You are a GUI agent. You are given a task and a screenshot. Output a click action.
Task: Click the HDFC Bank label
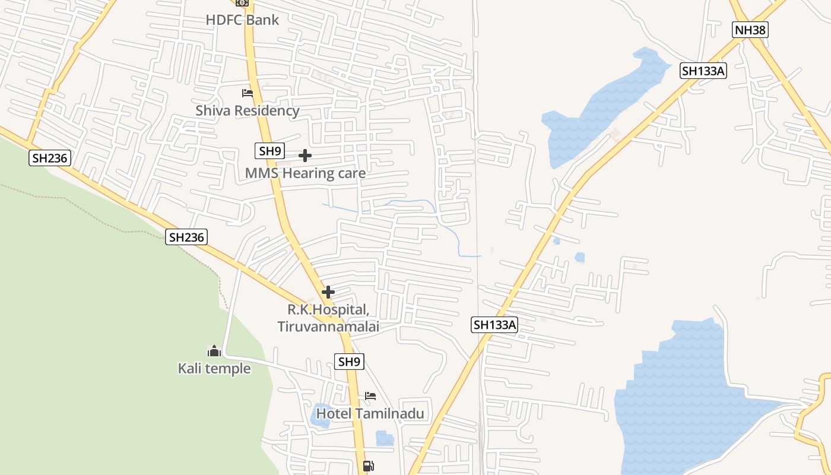pos(242,20)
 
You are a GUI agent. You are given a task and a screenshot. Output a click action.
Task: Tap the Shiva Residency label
pos(248,110)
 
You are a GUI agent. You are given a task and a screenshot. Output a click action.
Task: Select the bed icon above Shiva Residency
pos(248,93)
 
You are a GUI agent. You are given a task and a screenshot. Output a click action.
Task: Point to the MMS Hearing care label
pos(305,173)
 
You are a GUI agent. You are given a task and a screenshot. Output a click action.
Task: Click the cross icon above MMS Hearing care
pos(305,156)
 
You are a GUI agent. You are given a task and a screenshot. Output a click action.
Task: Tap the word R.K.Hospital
pos(328,309)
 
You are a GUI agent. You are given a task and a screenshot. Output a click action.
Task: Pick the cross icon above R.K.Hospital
pos(328,292)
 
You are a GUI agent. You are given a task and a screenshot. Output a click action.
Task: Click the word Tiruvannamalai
pos(328,327)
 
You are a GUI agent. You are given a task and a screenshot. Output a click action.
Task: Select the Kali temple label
pos(214,369)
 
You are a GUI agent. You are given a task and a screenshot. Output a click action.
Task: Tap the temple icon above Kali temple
pos(214,351)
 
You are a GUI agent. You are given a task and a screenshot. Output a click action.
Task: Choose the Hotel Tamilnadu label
pos(370,413)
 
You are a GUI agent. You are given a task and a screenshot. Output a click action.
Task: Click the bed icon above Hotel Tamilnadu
pos(370,396)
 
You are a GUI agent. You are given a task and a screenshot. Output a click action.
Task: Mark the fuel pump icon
pos(369,466)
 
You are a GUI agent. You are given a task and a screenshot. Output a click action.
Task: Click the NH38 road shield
pos(750,30)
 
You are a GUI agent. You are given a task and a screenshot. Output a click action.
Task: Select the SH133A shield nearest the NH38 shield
pos(703,71)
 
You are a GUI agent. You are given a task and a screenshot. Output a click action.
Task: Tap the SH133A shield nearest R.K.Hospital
pos(495,325)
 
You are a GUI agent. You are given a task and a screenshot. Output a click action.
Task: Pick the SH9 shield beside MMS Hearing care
pos(270,151)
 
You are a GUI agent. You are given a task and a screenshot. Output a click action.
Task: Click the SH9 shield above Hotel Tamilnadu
pos(349,362)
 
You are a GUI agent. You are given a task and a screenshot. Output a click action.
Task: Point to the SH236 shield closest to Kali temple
pos(186,237)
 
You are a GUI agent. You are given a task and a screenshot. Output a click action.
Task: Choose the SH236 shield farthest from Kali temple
pos(50,157)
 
